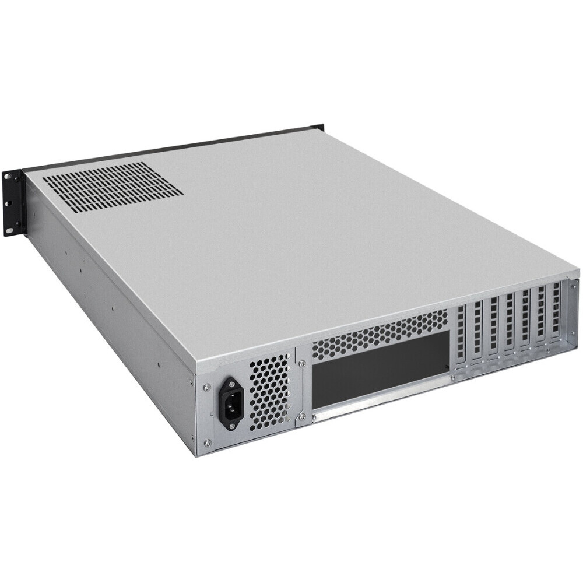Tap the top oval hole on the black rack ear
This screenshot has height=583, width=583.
[8, 176]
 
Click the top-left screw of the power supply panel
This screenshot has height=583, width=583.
[206, 386]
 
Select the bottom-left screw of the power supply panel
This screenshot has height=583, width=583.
[208, 443]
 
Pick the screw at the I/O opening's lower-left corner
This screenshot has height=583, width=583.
[302, 416]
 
